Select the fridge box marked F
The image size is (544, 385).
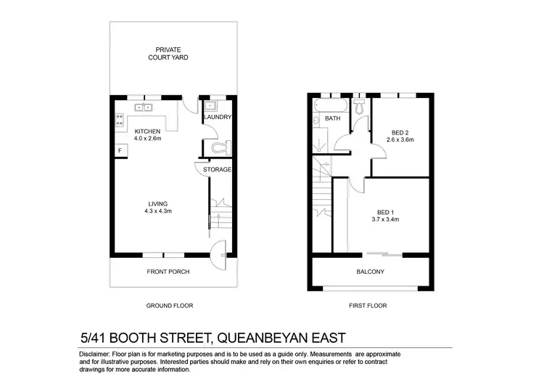[x=118, y=150]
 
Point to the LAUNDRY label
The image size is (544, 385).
[x=217, y=117]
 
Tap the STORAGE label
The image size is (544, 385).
[x=217, y=169]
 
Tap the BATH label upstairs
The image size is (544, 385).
[x=333, y=118]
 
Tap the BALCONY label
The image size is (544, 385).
[x=370, y=272]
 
